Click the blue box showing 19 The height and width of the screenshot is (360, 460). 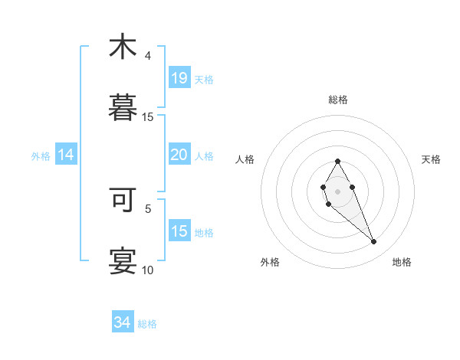[x=179, y=77]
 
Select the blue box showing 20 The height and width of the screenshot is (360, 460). [x=179, y=155]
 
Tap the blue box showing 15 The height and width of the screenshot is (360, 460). [x=179, y=231]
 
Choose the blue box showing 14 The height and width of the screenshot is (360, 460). [x=66, y=155]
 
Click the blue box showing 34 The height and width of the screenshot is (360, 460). [x=123, y=322]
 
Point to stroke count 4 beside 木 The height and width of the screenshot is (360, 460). [x=148, y=56]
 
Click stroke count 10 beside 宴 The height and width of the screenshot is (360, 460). [x=148, y=270]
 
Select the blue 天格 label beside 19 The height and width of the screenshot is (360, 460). [x=204, y=79]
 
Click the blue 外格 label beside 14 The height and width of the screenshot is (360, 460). [x=41, y=156]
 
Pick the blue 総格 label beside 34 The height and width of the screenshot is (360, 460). [x=147, y=324]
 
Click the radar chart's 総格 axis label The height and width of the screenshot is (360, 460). [x=338, y=100]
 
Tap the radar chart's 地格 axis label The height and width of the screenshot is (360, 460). [x=402, y=263]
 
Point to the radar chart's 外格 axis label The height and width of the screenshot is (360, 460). [x=270, y=263]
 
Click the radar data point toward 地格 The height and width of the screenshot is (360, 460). [x=374, y=241]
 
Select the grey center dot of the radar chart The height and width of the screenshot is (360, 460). [x=337, y=190]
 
